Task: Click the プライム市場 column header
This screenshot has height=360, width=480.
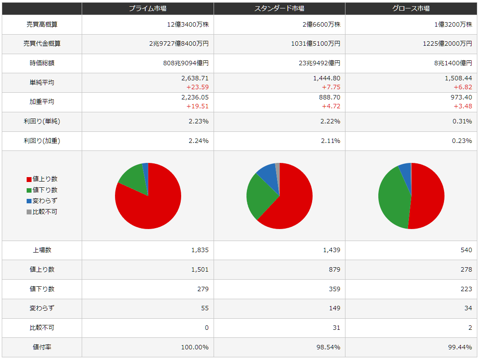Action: pyautogui.click(x=147, y=8)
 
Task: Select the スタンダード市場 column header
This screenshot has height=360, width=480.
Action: pyautogui.click(x=279, y=8)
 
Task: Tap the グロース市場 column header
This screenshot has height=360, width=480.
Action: pyautogui.click(x=411, y=8)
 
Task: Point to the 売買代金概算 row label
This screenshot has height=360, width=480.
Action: pyautogui.click(x=42, y=44)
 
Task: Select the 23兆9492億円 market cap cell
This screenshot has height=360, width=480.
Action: pyautogui.click(x=320, y=63)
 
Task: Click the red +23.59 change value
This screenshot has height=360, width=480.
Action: pyautogui.click(x=198, y=87)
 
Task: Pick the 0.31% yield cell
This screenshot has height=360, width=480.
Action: pyautogui.click(x=462, y=121)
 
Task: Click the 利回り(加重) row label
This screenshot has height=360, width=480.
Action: pyautogui.click(x=42, y=141)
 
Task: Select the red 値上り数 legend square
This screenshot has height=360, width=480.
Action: pyautogui.click(x=29, y=179)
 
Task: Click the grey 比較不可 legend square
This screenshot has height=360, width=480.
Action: pyautogui.click(x=29, y=212)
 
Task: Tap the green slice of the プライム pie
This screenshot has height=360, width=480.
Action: pyautogui.click(x=133, y=180)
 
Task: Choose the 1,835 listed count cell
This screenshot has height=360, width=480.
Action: pyautogui.click(x=200, y=250)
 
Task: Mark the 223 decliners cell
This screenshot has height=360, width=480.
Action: pyautogui.click(x=466, y=289)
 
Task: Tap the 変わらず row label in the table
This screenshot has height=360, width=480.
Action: pyautogui.click(x=42, y=308)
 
